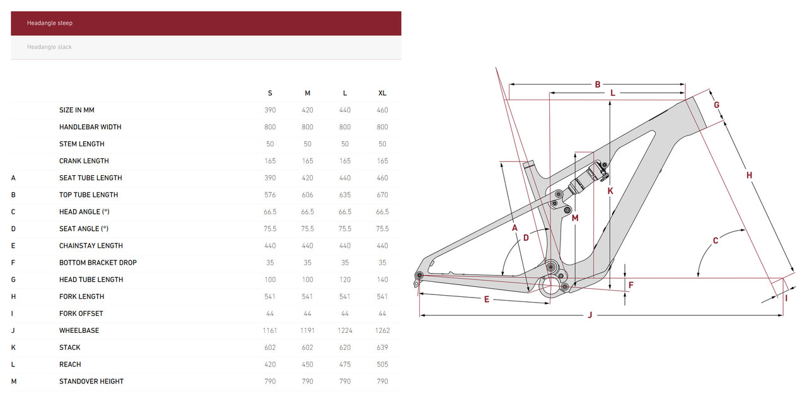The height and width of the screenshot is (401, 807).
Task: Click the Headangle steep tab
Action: pos(206,23)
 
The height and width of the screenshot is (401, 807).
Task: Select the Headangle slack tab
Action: pos(206,47)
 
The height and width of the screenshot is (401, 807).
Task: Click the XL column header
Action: pos(382,93)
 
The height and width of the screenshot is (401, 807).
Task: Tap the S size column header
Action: pos(270,93)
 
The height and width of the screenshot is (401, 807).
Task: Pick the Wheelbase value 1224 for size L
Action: pos(345,330)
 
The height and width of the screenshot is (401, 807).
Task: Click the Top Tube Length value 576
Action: pos(270,195)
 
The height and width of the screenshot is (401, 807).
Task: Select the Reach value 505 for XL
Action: pos(382,364)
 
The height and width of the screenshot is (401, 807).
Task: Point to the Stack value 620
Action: pos(345,347)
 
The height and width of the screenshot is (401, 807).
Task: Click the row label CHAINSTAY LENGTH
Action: pos(91,246)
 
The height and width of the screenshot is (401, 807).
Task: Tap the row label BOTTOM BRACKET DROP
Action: pos(98,263)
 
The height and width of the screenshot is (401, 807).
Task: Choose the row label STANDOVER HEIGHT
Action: pos(91,381)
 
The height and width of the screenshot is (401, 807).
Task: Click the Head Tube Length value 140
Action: pos(382,279)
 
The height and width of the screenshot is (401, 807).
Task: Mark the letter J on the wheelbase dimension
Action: pos(589,315)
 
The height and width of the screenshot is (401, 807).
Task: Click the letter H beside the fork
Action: pos(750,175)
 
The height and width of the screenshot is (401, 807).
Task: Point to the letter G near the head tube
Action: pos(717,105)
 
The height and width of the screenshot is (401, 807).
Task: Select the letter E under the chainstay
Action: pos(487,299)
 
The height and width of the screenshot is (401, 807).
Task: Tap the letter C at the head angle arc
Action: pos(716,240)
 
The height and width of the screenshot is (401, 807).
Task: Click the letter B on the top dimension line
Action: pos(598,84)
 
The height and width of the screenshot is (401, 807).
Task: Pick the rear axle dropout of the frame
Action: pos(419,276)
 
